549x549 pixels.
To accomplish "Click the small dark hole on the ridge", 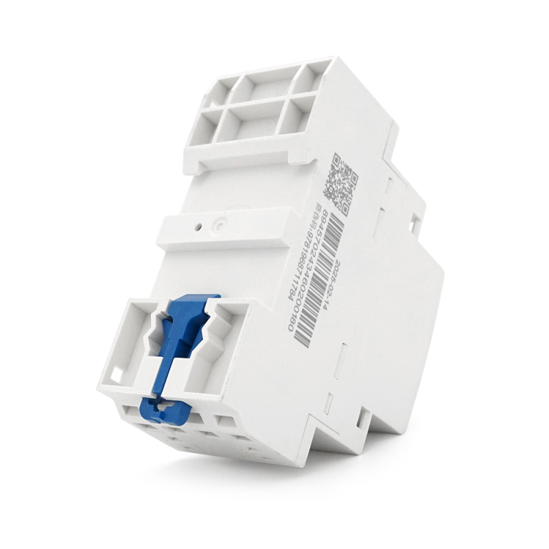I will (198, 224).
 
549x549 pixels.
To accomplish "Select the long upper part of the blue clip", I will (180, 343).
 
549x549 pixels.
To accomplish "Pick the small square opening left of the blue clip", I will (117, 374).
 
